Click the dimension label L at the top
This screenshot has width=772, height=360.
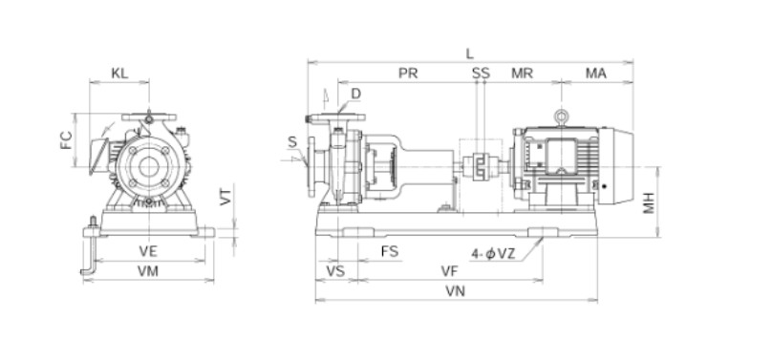click(x=470, y=54)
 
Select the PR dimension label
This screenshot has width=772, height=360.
click(x=408, y=74)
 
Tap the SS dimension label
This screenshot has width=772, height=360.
click(x=481, y=74)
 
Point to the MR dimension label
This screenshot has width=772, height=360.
click(x=522, y=74)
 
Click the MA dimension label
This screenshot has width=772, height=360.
click(x=596, y=74)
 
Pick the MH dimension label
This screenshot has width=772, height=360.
click(x=650, y=202)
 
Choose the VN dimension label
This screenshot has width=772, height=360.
click(x=456, y=291)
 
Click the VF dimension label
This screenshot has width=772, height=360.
click(x=449, y=271)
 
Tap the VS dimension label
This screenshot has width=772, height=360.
click(x=335, y=271)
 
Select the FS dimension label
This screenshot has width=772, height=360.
click(x=390, y=252)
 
